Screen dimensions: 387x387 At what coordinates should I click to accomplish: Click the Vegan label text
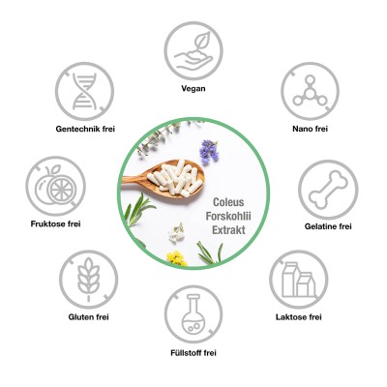click(x=193, y=88)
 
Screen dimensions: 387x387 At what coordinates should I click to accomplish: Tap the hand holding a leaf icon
click(x=193, y=51)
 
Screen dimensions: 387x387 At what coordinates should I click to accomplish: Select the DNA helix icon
click(x=84, y=91)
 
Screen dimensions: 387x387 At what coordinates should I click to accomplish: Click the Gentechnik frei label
click(x=85, y=129)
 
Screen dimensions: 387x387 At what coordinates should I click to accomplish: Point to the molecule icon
click(x=310, y=91)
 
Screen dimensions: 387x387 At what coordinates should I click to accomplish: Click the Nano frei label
click(x=310, y=129)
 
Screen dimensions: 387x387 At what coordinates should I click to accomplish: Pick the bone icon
click(x=328, y=190)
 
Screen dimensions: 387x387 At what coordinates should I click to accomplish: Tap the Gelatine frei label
click(x=328, y=226)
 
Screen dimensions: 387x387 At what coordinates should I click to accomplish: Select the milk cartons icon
click(x=299, y=280)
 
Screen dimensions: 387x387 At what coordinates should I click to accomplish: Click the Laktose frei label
click(x=299, y=317)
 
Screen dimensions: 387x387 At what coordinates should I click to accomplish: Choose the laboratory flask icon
click(x=193, y=314)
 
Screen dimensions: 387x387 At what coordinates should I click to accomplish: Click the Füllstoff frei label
click(x=193, y=353)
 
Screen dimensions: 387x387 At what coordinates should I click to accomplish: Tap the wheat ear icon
click(x=88, y=279)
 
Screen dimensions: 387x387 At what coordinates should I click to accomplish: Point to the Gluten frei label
click(x=88, y=317)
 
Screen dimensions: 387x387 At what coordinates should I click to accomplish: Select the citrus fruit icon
click(x=55, y=186)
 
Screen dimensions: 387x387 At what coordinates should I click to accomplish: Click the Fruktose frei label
click(x=55, y=223)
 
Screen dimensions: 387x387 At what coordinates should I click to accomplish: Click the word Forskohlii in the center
click(x=228, y=216)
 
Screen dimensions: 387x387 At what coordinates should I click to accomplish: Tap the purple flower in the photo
click(x=209, y=151)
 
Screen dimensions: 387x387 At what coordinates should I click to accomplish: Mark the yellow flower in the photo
click(x=176, y=257)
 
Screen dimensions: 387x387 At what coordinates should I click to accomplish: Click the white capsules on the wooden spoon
click(x=175, y=177)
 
